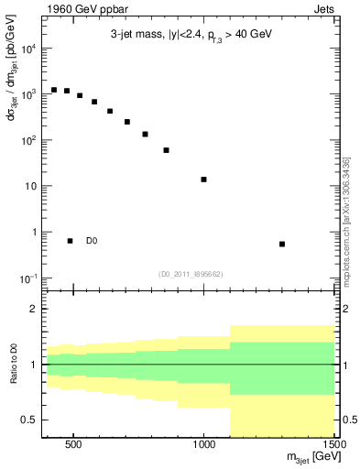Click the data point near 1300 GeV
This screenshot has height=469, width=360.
[282, 244]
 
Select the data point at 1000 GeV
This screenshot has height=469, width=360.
[203, 180]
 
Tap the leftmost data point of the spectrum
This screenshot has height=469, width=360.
[54, 90]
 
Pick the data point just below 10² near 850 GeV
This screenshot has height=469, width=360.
[166, 150]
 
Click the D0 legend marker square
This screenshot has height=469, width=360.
[70, 241]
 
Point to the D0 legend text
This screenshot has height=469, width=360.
[92, 241]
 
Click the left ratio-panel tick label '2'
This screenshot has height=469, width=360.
[33, 310]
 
